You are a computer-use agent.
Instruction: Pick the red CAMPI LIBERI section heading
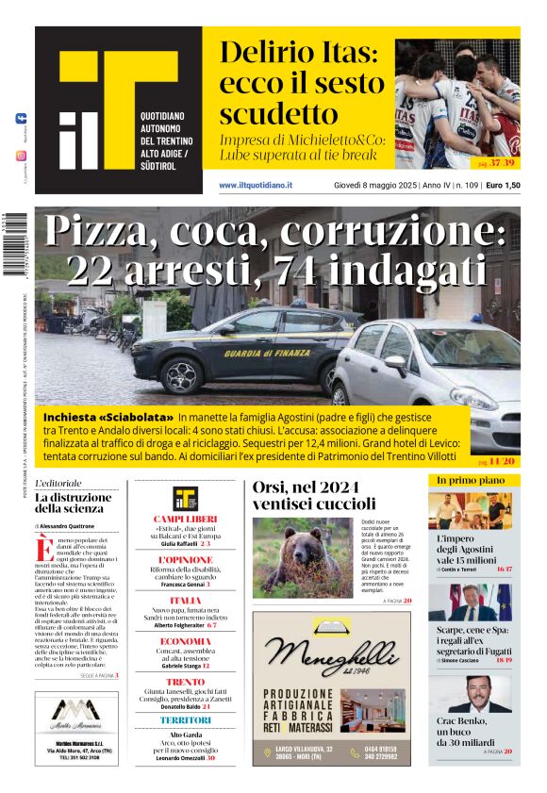click(x=185, y=519)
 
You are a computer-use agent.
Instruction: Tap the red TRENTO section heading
click(x=185, y=681)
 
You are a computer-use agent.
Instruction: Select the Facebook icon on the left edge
click(x=22, y=119)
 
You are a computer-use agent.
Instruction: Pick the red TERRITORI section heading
click(x=185, y=720)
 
